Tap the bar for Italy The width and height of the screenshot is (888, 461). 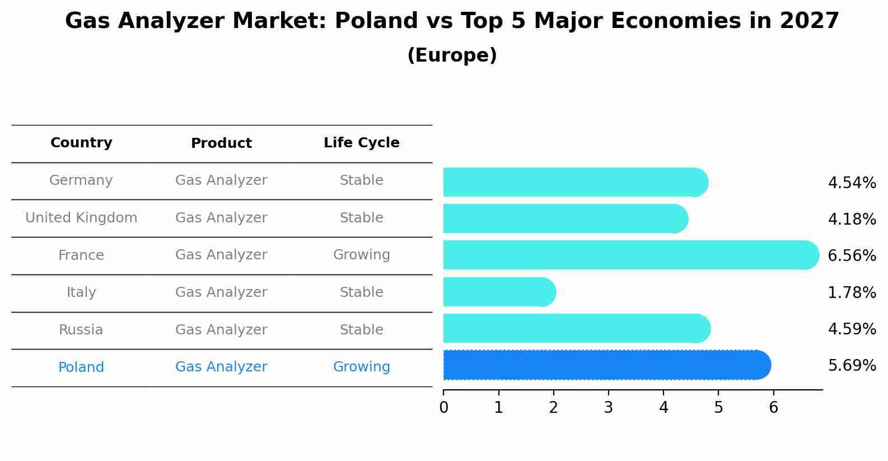(x=498, y=292)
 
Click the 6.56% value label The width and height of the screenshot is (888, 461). (x=852, y=256)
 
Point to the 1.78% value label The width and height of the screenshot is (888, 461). (x=852, y=292)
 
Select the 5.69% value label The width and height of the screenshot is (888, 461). (x=852, y=366)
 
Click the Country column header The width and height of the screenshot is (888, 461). (x=81, y=143)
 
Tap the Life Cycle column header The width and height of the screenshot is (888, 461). (x=361, y=143)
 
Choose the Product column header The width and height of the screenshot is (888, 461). (x=221, y=143)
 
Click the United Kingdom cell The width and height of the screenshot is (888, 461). (x=81, y=218)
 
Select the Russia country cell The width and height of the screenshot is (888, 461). (x=81, y=330)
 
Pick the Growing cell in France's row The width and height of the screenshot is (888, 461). (x=361, y=255)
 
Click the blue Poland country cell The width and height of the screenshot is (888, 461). (x=81, y=367)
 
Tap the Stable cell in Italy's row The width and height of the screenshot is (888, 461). (x=361, y=292)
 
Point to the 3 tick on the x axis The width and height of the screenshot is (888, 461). (x=609, y=407)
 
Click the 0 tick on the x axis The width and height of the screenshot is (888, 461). (x=443, y=407)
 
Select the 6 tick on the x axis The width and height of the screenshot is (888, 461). (x=773, y=407)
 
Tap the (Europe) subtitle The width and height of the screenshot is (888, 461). (x=452, y=55)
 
